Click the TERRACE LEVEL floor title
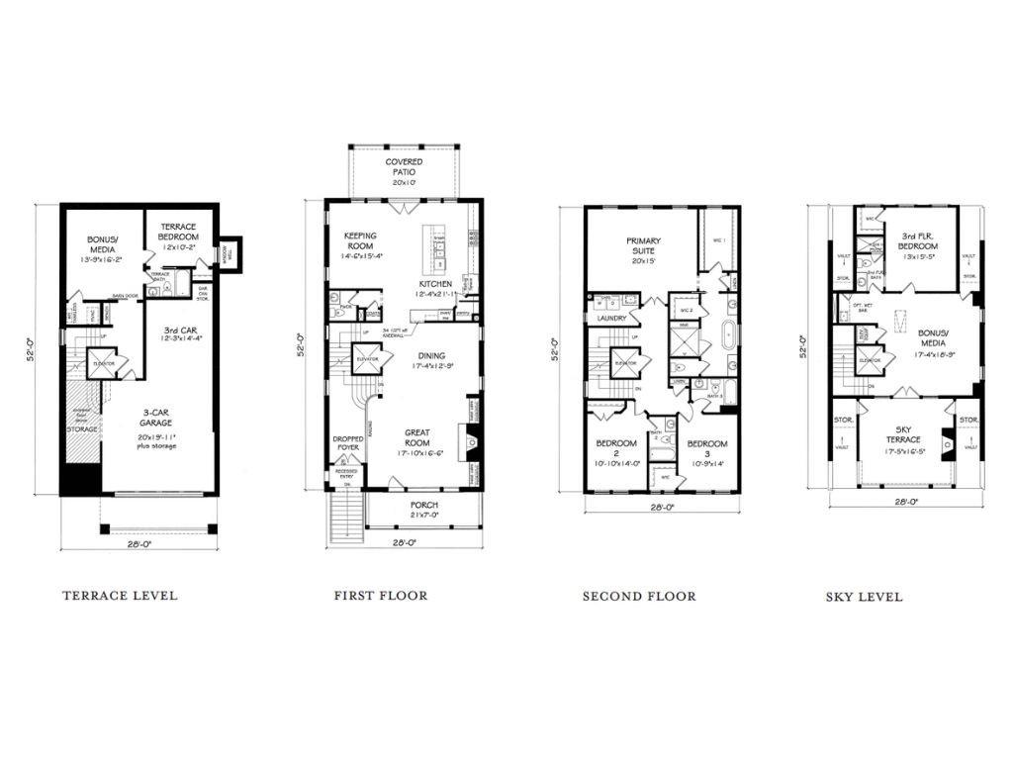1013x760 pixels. (120, 596)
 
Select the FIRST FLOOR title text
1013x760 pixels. (381, 596)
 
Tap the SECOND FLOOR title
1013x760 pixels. (638, 596)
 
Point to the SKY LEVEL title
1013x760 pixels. (864, 598)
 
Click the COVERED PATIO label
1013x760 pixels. (405, 166)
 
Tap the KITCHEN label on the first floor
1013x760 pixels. (434, 284)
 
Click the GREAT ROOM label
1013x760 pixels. (422, 437)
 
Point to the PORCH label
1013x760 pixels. (423, 505)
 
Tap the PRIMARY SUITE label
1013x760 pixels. (642, 246)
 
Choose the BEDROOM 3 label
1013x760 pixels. (706, 448)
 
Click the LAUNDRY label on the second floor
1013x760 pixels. (612, 319)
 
